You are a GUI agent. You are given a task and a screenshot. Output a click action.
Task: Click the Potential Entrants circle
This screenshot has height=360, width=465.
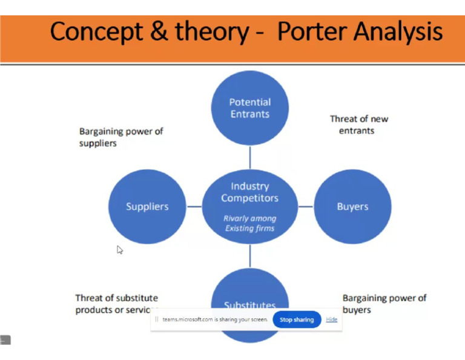coord(249,108)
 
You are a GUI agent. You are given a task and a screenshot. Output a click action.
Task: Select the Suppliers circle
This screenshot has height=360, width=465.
coord(147,207)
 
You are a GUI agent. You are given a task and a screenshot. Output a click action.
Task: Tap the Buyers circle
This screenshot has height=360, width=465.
coord(352,207)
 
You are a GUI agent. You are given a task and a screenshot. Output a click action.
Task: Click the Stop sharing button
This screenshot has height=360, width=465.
coord(297,319)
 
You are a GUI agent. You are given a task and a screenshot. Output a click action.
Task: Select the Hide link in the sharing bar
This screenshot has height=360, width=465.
coord(332,319)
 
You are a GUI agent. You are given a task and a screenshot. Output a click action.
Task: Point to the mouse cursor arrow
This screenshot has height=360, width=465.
coord(119,248)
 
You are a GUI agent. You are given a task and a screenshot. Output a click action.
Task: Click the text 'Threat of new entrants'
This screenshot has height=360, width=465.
coord(358,124)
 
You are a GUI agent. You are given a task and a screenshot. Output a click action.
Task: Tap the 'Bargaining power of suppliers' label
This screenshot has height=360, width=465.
coord(121,137)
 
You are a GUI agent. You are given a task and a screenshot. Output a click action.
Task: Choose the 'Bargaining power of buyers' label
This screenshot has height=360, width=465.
coord(384,304)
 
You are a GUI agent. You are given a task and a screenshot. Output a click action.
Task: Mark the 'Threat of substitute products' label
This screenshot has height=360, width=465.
coord(116,304)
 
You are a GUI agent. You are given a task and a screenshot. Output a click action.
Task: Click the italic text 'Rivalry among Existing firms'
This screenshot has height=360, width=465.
coord(249,223)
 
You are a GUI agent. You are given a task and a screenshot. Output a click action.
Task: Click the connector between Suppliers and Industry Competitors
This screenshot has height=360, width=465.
coord(194,207)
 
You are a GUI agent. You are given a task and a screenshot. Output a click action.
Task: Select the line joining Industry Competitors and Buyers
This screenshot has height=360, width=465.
coord(306,207)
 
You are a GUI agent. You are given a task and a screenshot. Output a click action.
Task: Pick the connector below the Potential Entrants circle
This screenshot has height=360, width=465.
coord(249,157)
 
